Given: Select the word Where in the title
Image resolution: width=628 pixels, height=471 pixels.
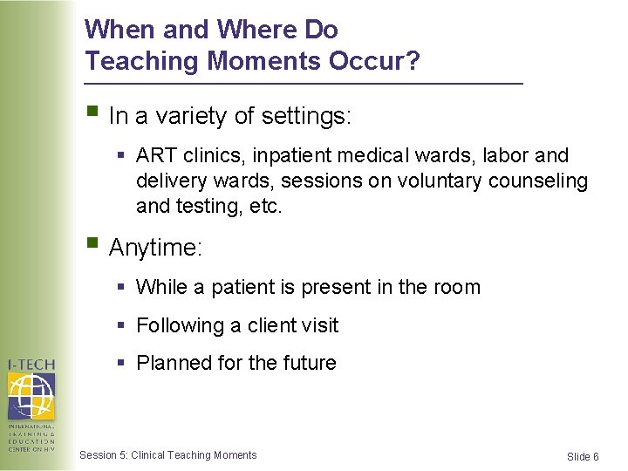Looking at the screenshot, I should point(256,30).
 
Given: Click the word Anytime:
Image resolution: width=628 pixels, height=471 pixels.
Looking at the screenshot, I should point(155,249).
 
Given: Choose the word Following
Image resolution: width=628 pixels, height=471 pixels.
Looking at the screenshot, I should point(181,325).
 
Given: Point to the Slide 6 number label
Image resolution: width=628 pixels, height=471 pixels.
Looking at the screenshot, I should point(583,457).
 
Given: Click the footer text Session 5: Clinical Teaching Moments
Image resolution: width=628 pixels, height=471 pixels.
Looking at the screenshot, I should point(168,455).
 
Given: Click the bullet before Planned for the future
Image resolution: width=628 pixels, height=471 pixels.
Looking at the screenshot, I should point(123,362).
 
